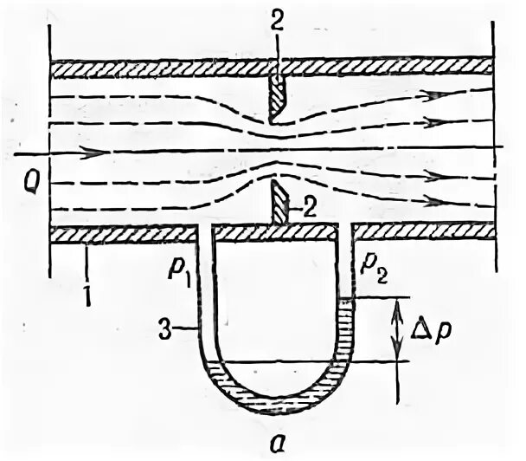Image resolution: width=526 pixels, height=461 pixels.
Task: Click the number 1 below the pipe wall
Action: coord(87,276)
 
